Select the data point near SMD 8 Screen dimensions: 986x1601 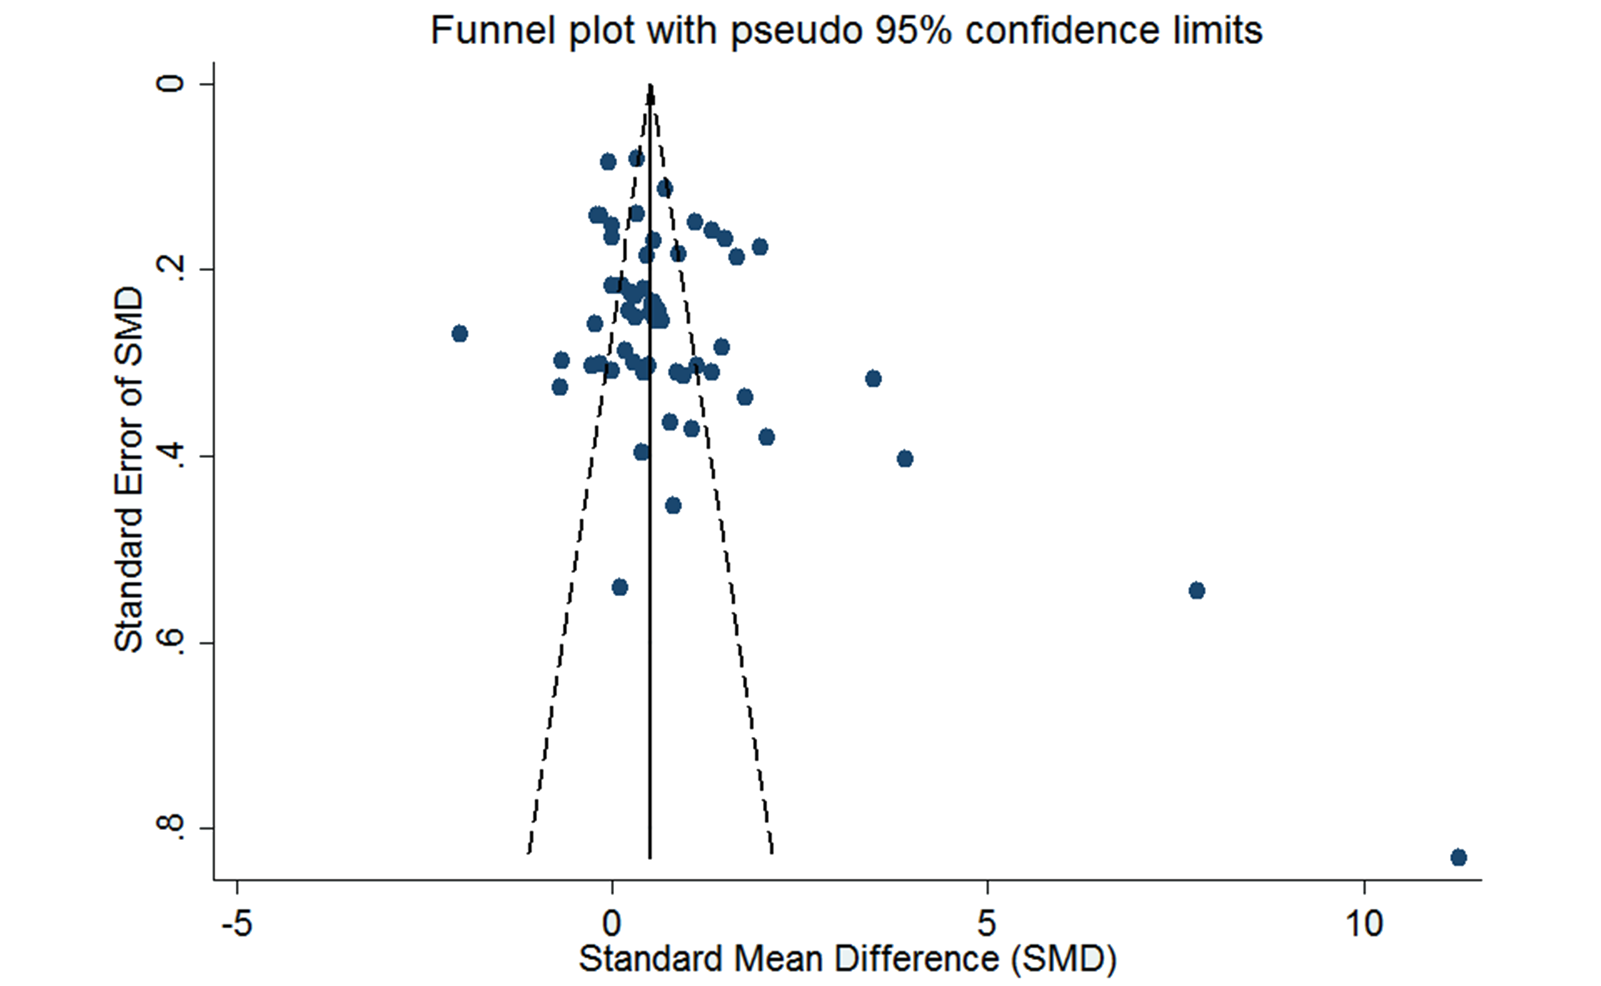coord(1197,591)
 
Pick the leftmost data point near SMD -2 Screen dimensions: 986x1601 coord(459,334)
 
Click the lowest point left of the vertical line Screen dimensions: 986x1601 coord(620,587)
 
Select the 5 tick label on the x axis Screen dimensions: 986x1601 coord(987,924)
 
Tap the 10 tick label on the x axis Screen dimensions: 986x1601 coord(1364,924)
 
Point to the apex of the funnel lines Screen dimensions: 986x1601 coord(650,85)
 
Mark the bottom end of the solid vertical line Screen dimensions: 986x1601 coord(650,858)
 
